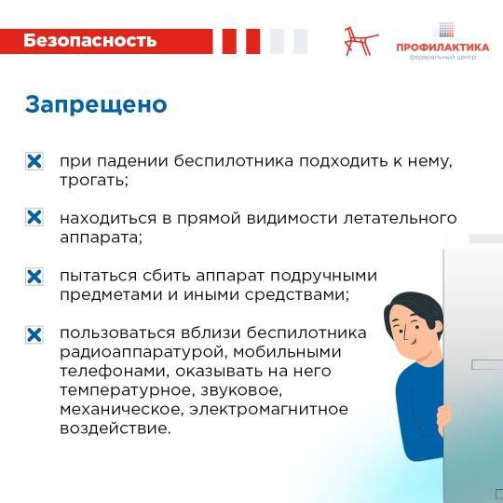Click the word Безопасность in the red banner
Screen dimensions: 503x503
tap(89, 41)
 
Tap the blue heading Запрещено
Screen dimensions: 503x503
tap(96, 105)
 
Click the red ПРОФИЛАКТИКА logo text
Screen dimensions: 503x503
tap(442, 48)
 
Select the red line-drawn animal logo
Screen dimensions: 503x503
tap(360, 41)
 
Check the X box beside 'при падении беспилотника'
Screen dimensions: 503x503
tap(34, 161)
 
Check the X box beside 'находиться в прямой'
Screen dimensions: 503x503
tap(34, 217)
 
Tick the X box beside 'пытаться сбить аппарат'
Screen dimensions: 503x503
tap(34, 277)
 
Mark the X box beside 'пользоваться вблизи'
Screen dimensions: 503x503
tap(34, 335)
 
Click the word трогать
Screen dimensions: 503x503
tap(94, 181)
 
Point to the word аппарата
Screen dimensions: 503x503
tap(101, 238)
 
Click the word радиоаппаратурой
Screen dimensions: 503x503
tap(143, 352)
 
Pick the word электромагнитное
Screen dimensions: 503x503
tap(269, 409)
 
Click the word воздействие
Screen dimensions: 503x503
tap(116, 428)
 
